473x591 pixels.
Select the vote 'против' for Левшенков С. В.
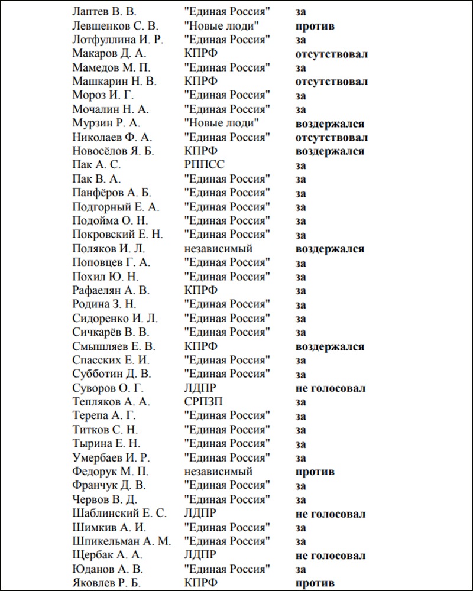coord(315,26)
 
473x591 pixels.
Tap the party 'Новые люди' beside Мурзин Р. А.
coord(222,124)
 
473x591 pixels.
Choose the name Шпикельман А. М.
coord(121,541)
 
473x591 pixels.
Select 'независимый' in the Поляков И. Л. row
coord(218,249)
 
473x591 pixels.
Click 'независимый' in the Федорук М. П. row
coord(218,472)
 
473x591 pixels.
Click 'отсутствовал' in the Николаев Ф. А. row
coord(332,138)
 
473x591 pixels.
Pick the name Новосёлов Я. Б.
coord(113,151)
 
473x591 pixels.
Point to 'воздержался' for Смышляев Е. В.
coord(330,346)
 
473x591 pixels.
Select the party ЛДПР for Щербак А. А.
coord(200,556)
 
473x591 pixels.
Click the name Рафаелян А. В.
coord(111,291)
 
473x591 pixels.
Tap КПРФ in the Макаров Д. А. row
coord(201,54)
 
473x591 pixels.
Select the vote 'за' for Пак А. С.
coord(301,165)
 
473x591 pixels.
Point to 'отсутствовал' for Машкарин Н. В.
coord(332,82)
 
